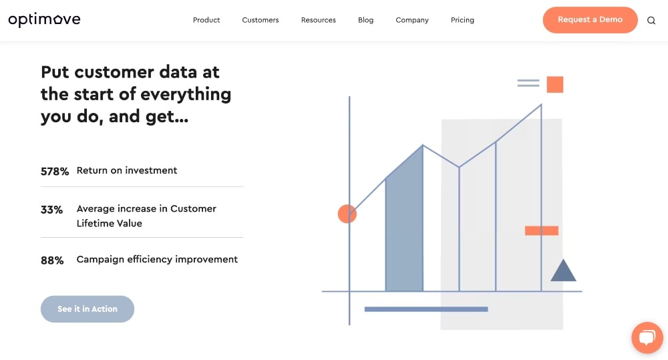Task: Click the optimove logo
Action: [44, 20]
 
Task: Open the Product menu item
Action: [206, 20]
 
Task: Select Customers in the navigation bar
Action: [261, 20]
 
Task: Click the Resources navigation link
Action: [319, 20]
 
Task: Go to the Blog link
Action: [366, 20]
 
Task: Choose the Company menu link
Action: [412, 20]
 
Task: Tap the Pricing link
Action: [462, 20]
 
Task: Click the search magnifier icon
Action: [651, 20]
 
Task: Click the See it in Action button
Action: [88, 309]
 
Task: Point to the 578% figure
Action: [55, 172]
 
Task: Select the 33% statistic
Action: [51, 210]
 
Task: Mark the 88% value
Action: [52, 260]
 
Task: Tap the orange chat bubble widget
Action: [647, 338]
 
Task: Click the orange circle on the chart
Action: [347, 214]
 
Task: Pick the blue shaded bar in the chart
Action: [405, 227]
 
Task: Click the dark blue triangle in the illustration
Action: [563, 271]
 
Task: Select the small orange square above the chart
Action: [555, 84]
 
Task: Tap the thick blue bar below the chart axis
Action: [426, 309]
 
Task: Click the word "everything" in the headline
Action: [186, 94]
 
